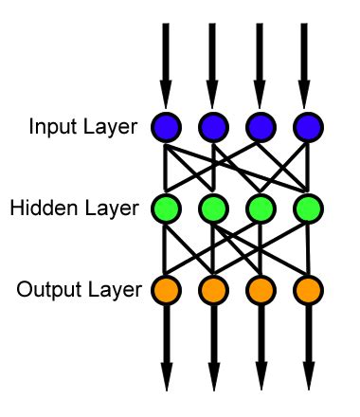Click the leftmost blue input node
point(165,126)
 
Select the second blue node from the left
point(212,126)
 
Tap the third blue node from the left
point(260,126)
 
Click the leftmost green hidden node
point(165,207)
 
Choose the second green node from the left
point(212,207)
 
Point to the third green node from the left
point(260,207)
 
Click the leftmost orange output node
point(165,287)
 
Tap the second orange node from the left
point(212,287)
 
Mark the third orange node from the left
point(260,287)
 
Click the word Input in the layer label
point(46,126)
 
